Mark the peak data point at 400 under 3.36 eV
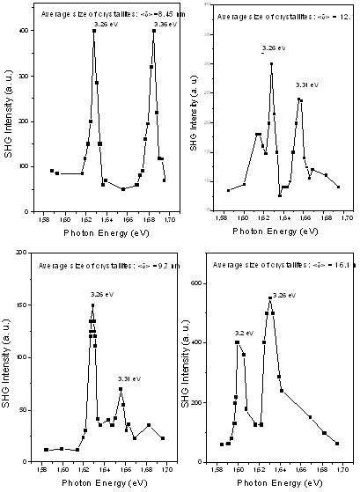pos(154,31)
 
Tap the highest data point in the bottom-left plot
pos(92,305)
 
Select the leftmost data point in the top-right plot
pos(228,190)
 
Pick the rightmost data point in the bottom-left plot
pos(163,437)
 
